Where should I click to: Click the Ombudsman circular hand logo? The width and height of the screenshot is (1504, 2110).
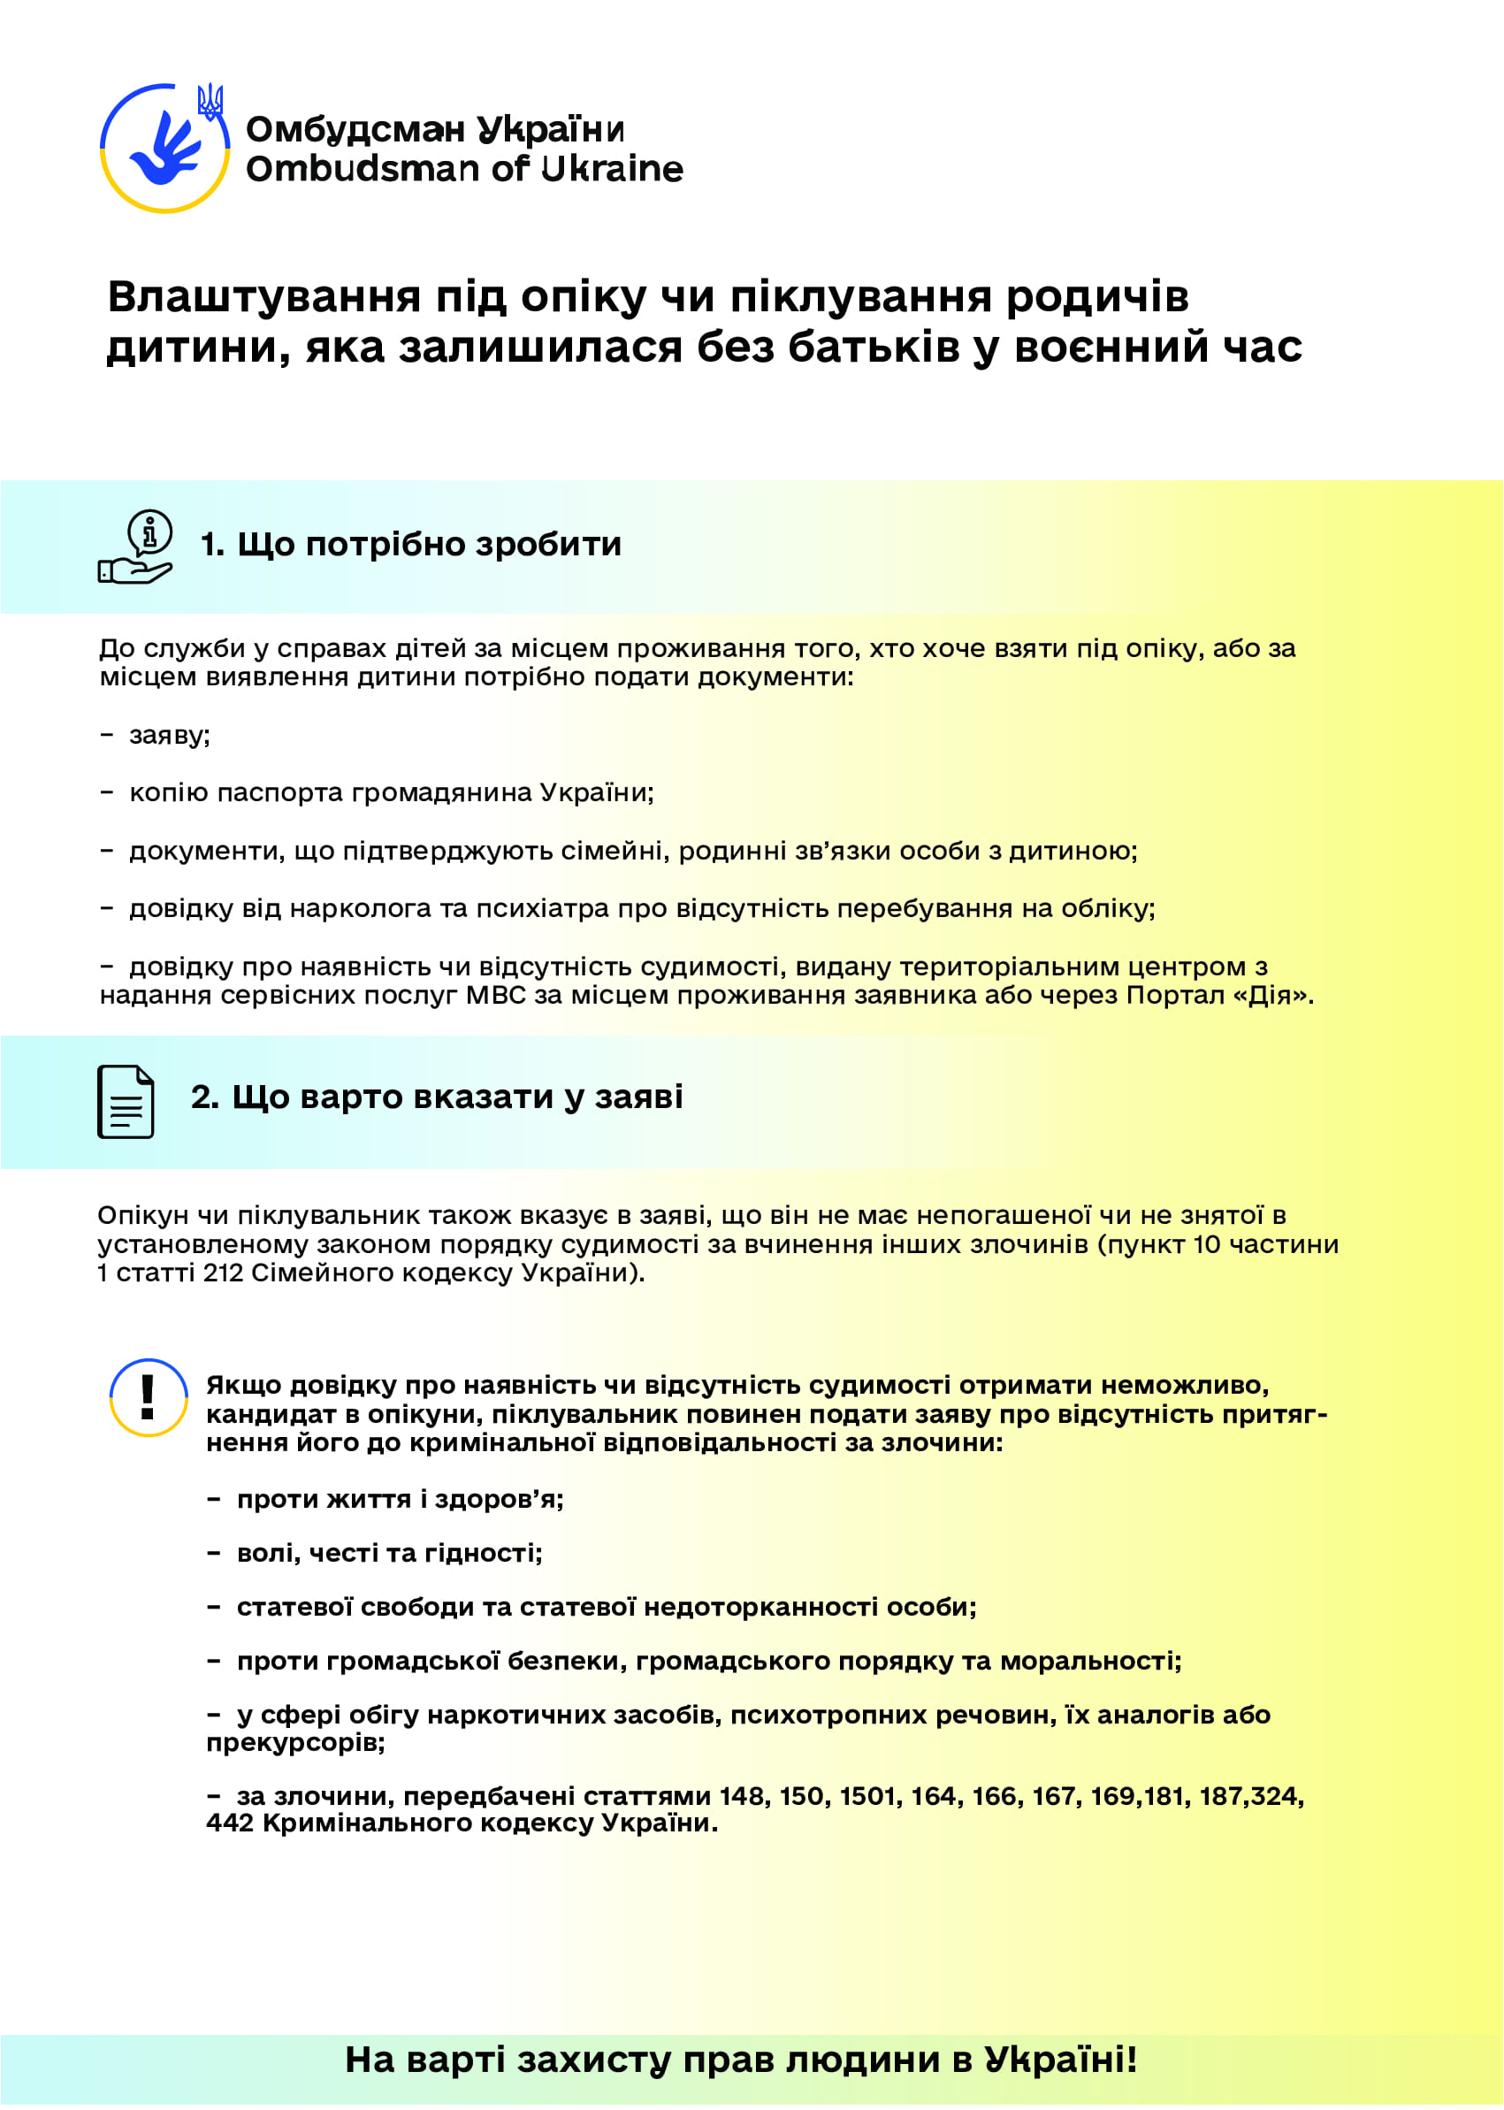[x=164, y=149]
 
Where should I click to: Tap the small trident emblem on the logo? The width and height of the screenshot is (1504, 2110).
[x=210, y=101]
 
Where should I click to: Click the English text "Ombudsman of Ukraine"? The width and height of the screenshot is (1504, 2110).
[x=464, y=169]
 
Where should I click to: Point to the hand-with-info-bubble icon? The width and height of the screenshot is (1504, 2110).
[x=136, y=547]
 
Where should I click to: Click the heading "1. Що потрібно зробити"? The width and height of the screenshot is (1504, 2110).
[x=410, y=544]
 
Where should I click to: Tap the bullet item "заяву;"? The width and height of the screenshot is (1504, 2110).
[x=170, y=735]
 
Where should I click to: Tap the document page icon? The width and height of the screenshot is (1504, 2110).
[x=126, y=1101]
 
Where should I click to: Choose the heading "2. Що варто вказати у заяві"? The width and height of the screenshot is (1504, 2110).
[x=436, y=1097]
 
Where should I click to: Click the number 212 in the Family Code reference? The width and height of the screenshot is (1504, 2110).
[x=223, y=1273]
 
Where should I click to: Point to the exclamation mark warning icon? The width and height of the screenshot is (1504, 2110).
[x=149, y=1398]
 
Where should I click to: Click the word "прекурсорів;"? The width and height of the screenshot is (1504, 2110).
[x=295, y=1742]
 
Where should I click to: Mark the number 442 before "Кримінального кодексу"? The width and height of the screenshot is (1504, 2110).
[x=230, y=1823]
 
